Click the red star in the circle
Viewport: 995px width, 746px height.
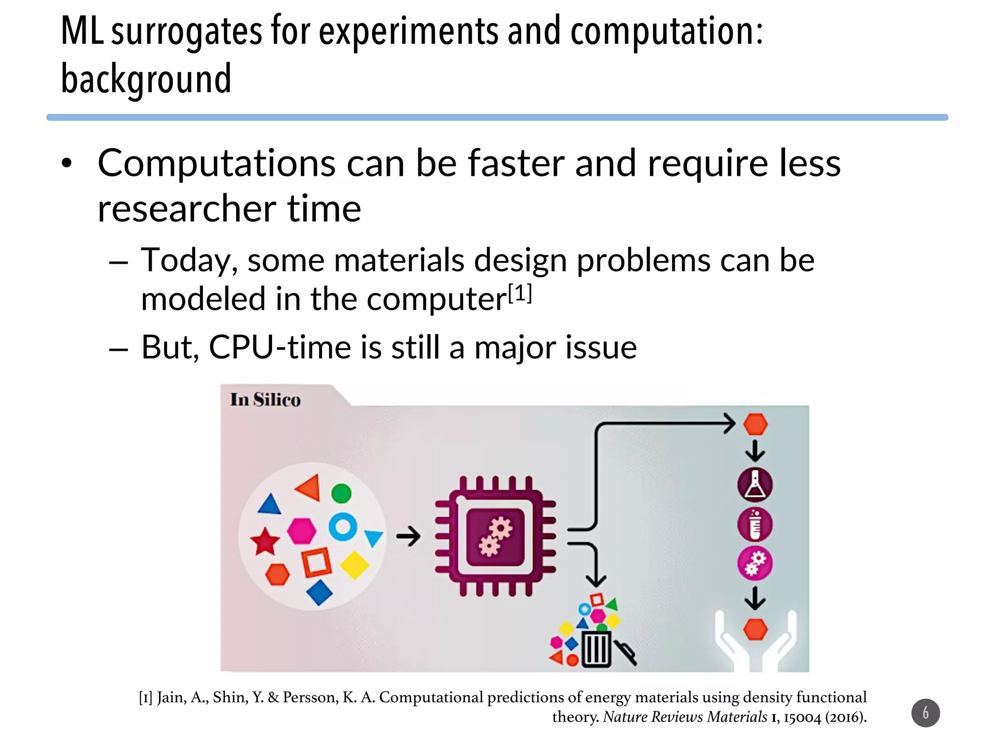pos(265,541)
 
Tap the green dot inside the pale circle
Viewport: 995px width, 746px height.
pos(341,493)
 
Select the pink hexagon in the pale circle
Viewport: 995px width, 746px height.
pos(301,531)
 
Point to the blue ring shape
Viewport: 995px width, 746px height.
pos(343,526)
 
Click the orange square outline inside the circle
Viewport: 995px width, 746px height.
pos(317,563)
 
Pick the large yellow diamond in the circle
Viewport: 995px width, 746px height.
pos(355,565)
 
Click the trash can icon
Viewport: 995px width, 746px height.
pos(596,648)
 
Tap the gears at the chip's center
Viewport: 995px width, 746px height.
pos(495,537)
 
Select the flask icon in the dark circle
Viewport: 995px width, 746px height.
pos(755,485)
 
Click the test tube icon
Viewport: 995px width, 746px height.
pos(755,525)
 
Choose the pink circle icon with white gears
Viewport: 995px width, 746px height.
pos(755,563)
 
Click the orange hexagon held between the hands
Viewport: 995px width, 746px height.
pos(755,629)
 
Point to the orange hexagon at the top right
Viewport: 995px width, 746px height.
pos(755,424)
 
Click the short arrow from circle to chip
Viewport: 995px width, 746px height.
pos(408,537)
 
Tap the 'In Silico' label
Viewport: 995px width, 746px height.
pos(265,400)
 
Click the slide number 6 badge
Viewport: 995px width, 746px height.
pos(926,713)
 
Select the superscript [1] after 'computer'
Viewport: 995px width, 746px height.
pos(520,293)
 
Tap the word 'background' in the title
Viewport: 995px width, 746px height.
pos(146,79)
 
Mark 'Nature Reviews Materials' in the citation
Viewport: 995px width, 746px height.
pos(685,717)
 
